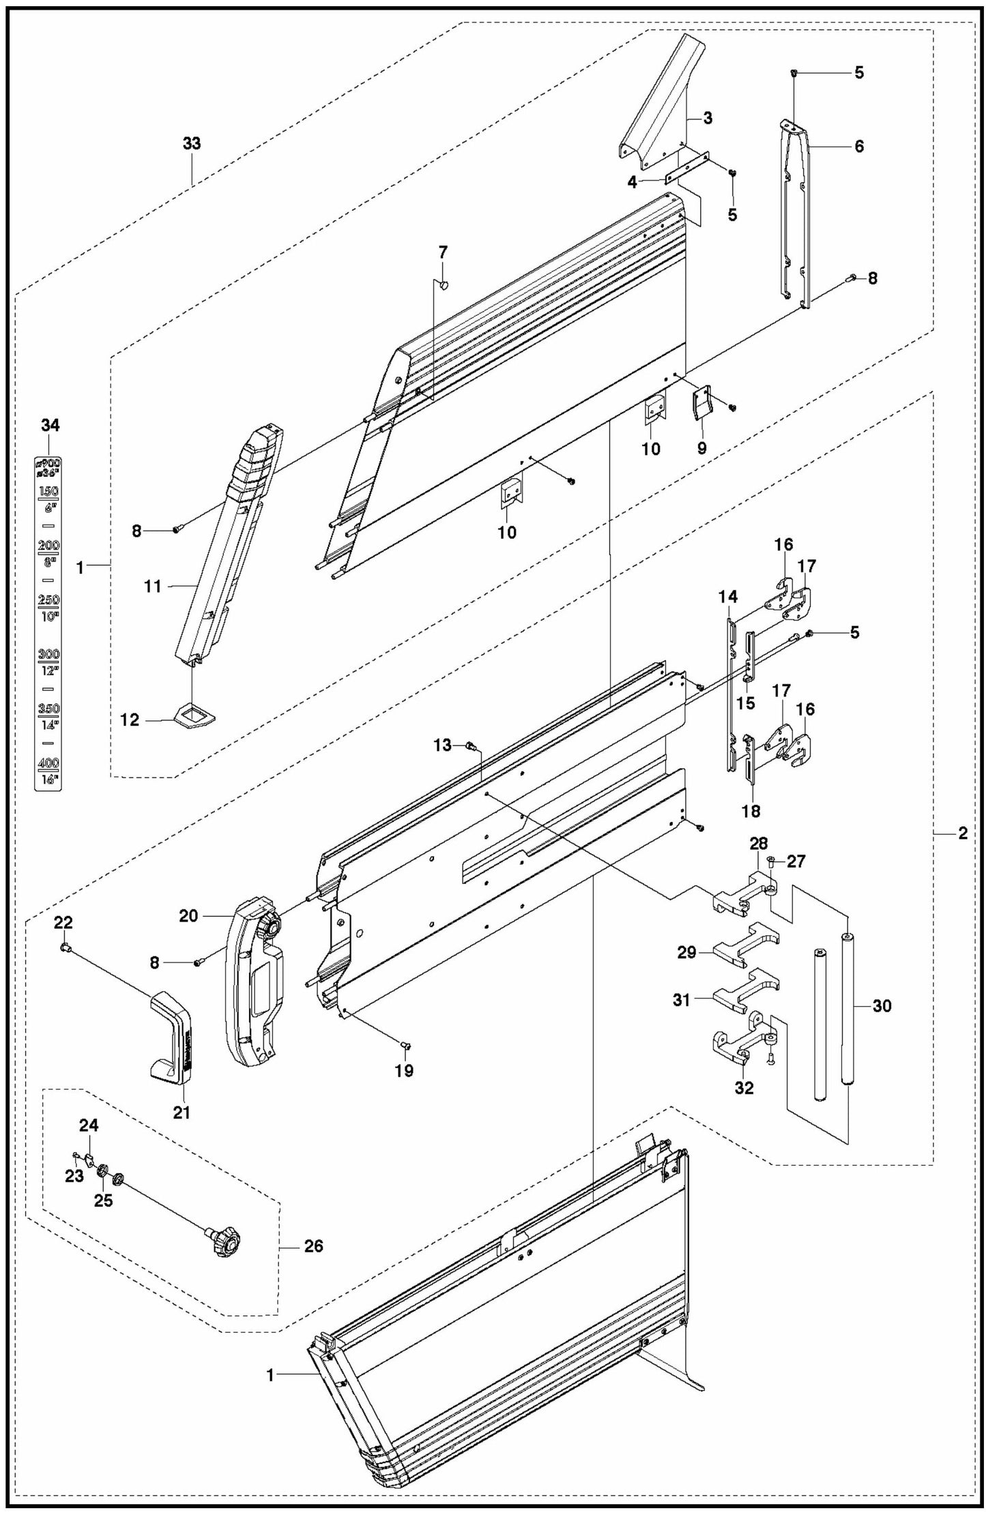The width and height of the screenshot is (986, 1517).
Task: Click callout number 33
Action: pyautogui.click(x=192, y=144)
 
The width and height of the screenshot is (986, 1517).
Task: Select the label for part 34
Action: pyautogui.click(x=50, y=426)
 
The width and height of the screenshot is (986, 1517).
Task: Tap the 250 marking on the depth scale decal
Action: pyautogui.click(x=48, y=600)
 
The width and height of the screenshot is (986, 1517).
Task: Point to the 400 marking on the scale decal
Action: pyautogui.click(x=48, y=763)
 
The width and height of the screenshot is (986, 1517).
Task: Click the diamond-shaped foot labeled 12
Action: pyautogui.click(x=194, y=718)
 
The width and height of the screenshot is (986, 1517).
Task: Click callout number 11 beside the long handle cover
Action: pyautogui.click(x=154, y=586)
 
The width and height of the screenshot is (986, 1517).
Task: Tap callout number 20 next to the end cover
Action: pyautogui.click(x=188, y=916)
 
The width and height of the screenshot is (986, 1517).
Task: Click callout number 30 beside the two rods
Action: pyautogui.click(x=882, y=1006)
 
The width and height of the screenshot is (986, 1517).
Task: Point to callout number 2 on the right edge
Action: pyautogui.click(x=962, y=833)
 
